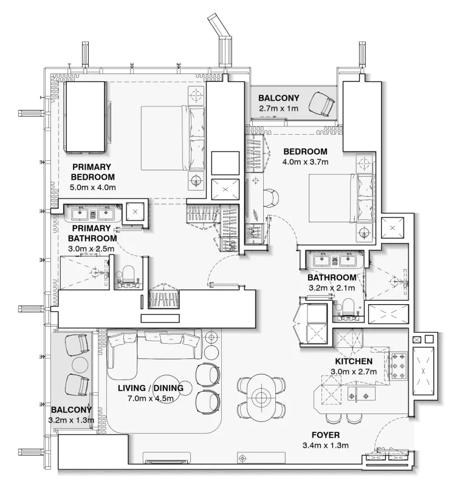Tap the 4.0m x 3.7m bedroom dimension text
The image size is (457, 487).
point(305,162)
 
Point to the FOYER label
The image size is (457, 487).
point(325,435)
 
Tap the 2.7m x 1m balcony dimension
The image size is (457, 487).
point(279,108)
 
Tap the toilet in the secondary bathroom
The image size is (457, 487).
point(348,307)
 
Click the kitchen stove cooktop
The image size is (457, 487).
point(399,367)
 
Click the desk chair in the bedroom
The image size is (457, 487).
point(272,197)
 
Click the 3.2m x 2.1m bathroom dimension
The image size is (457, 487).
point(332,288)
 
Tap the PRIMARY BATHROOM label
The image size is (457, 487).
point(92,234)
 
